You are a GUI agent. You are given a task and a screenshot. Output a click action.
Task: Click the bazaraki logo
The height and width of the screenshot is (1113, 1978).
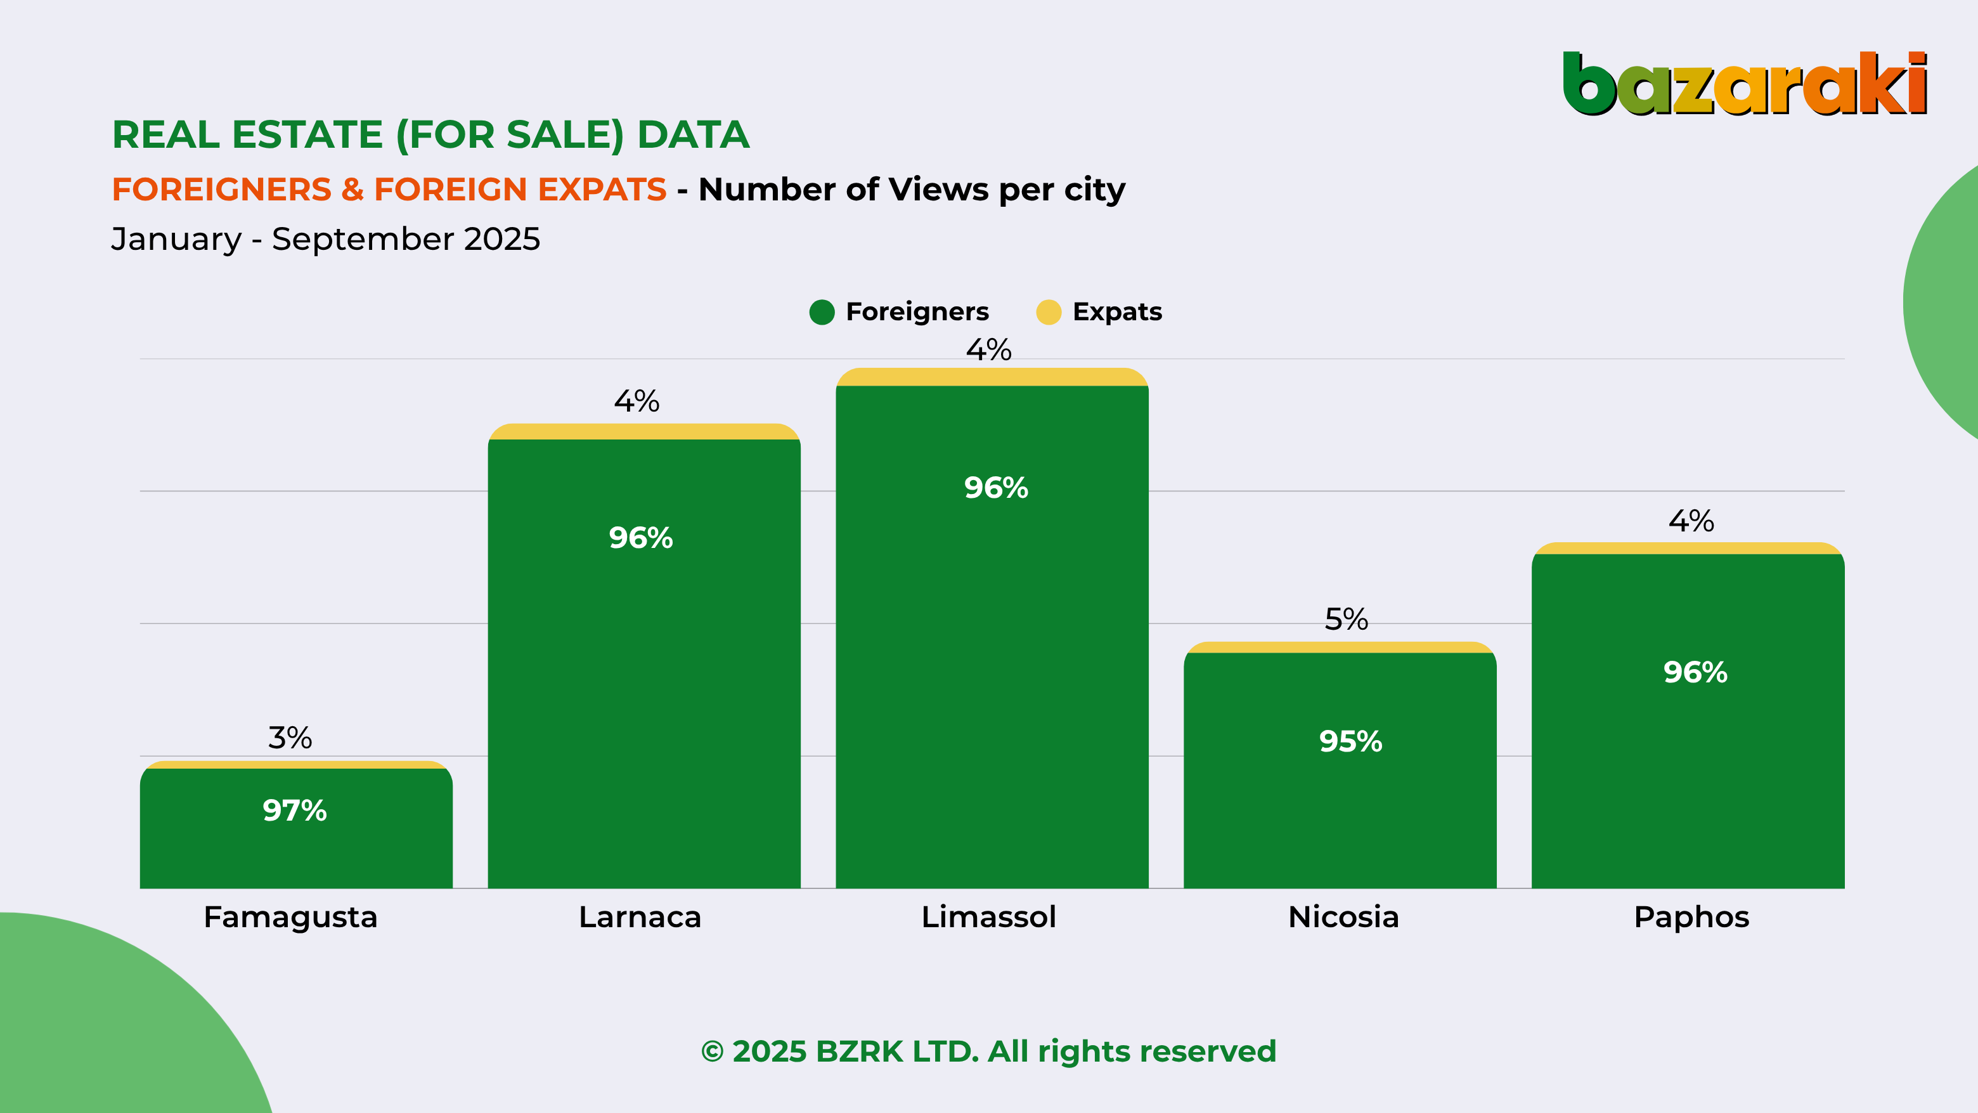click(x=1744, y=83)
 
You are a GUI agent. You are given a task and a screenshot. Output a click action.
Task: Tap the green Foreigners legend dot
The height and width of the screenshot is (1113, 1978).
click(x=822, y=312)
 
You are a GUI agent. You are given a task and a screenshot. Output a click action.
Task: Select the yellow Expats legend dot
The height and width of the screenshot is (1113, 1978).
click(x=1048, y=312)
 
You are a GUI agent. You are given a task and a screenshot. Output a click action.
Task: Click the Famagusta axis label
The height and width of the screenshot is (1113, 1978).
click(x=290, y=917)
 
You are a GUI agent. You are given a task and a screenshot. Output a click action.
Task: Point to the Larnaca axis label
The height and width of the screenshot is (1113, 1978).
click(x=640, y=917)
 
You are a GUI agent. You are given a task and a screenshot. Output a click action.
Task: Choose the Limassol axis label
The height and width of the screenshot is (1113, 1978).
click(x=988, y=917)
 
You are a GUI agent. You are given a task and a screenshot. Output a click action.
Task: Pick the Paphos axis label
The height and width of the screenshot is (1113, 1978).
click(x=1691, y=917)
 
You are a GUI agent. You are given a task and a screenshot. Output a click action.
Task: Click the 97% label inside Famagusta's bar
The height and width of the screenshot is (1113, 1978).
click(x=295, y=810)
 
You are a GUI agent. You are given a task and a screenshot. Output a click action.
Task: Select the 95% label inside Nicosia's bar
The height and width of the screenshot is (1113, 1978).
click(x=1350, y=741)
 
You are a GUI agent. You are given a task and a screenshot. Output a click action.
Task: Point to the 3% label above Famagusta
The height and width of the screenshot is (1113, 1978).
click(x=290, y=738)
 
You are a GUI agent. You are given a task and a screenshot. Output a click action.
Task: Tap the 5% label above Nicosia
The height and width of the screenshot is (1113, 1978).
click(x=1346, y=619)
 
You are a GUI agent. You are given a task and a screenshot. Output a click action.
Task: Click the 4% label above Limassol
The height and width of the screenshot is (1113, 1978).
click(x=988, y=350)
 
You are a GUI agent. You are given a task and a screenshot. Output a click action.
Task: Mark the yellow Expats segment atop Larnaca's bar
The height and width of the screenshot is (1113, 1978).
click(x=643, y=432)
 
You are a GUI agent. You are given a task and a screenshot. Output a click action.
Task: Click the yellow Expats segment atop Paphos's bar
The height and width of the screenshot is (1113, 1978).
click(x=1688, y=549)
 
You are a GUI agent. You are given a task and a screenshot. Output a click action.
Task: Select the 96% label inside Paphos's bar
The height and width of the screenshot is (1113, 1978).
click(x=1695, y=672)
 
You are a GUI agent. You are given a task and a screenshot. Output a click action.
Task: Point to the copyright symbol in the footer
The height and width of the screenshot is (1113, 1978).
click(x=712, y=1051)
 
